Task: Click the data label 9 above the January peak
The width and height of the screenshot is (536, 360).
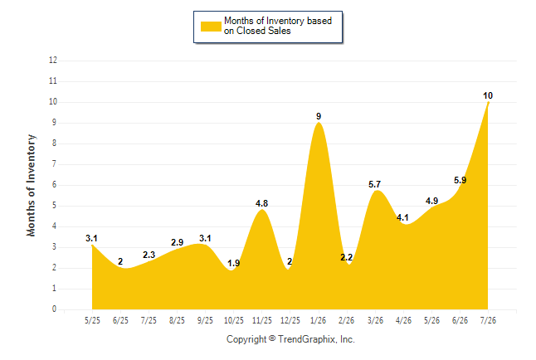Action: coord(319,116)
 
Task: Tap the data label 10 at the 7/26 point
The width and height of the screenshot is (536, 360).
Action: coord(488,95)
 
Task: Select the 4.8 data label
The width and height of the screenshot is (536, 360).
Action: coord(262,203)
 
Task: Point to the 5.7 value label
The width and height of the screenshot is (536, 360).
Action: coord(375,185)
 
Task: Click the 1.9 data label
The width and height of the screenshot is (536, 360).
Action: coord(234,263)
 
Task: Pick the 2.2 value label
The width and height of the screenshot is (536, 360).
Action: coord(346,257)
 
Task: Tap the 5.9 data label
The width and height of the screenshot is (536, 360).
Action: coord(460,180)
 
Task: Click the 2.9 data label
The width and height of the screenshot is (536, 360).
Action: coord(177,242)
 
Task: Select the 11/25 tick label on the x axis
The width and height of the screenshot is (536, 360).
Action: coord(262,320)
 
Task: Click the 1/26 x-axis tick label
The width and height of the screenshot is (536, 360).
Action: coord(319,320)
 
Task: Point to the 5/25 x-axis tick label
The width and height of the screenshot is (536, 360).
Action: coord(92,320)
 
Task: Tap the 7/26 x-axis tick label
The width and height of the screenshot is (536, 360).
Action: coord(488,320)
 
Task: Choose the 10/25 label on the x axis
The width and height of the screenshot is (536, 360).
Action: coord(234,320)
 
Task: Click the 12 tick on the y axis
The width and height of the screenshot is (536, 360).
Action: coord(53,61)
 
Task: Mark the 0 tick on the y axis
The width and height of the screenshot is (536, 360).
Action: coord(55,309)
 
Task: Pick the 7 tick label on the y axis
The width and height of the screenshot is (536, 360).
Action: coord(55,164)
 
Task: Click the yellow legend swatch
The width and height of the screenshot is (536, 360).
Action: coord(211,27)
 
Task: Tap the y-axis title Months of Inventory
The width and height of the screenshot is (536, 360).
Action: coord(31,185)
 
